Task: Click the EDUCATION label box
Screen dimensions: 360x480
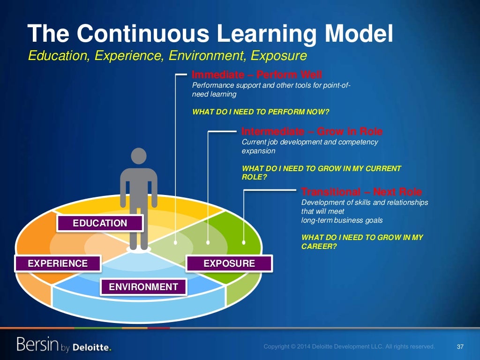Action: pyautogui.click(x=100, y=223)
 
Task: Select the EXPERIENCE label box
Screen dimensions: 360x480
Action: pyautogui.click(x=58, y=263)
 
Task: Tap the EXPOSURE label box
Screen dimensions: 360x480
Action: pyautogui.click(x=229, y=263)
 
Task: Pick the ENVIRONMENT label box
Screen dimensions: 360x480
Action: pyautogui.click(x=143, y=287)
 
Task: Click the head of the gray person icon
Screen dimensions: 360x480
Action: pyautogui.click(x=139, y=157)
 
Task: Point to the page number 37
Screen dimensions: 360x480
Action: pyautogui.click(x=460, y=347)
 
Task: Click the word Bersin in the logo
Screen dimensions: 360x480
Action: pyautogui.click(x=38, y=345)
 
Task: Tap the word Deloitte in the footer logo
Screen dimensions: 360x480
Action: pyautogui.click(x=92, y=347)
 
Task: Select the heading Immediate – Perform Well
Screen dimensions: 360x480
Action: pyautogui.click(x=257, y=75)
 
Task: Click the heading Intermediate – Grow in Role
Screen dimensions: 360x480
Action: pyautogui.click(x=312, y=131)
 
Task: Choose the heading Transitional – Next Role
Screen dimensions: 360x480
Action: pyautogui.click(x=361, y=192)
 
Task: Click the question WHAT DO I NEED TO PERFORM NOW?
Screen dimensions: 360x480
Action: pyautogui.click(x=261, y=112)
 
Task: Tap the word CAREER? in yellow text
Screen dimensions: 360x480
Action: pyautogui.click(x=319, y=247)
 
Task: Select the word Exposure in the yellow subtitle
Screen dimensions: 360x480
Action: pyautogui.click(x=278, y=56)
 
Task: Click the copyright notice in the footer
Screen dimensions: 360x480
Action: pyautogui.click(x=349, y=347)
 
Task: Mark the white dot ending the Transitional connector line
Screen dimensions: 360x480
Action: pyautogui.click(x=244, y=242)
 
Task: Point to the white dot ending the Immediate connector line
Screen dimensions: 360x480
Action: pyautogui.click(x=176, y=242)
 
